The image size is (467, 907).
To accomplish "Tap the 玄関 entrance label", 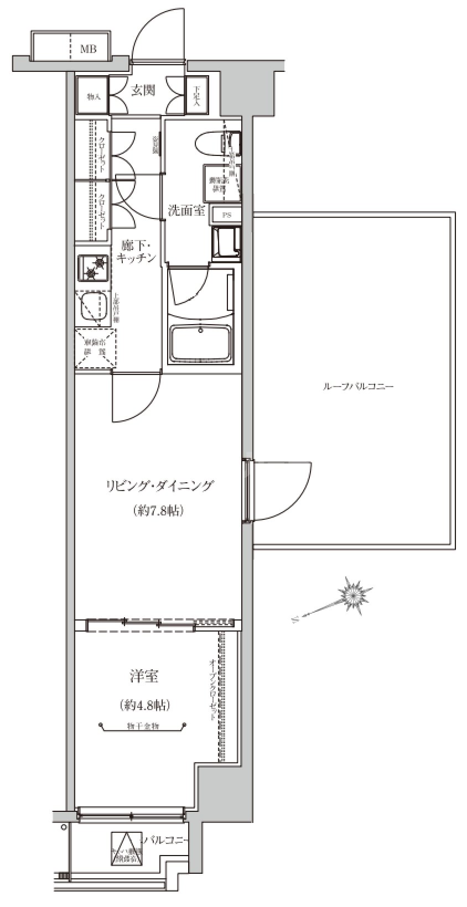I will (x=143, y=90).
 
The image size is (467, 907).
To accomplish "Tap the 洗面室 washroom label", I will (x=187, y=210).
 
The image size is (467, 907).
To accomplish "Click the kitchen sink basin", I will (x=94, y=307).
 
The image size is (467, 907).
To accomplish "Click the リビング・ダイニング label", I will (x=159, y=486).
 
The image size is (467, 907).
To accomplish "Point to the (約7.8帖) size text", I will (x=158, y=510).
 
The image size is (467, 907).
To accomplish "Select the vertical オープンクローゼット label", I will (x=212, y=689).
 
